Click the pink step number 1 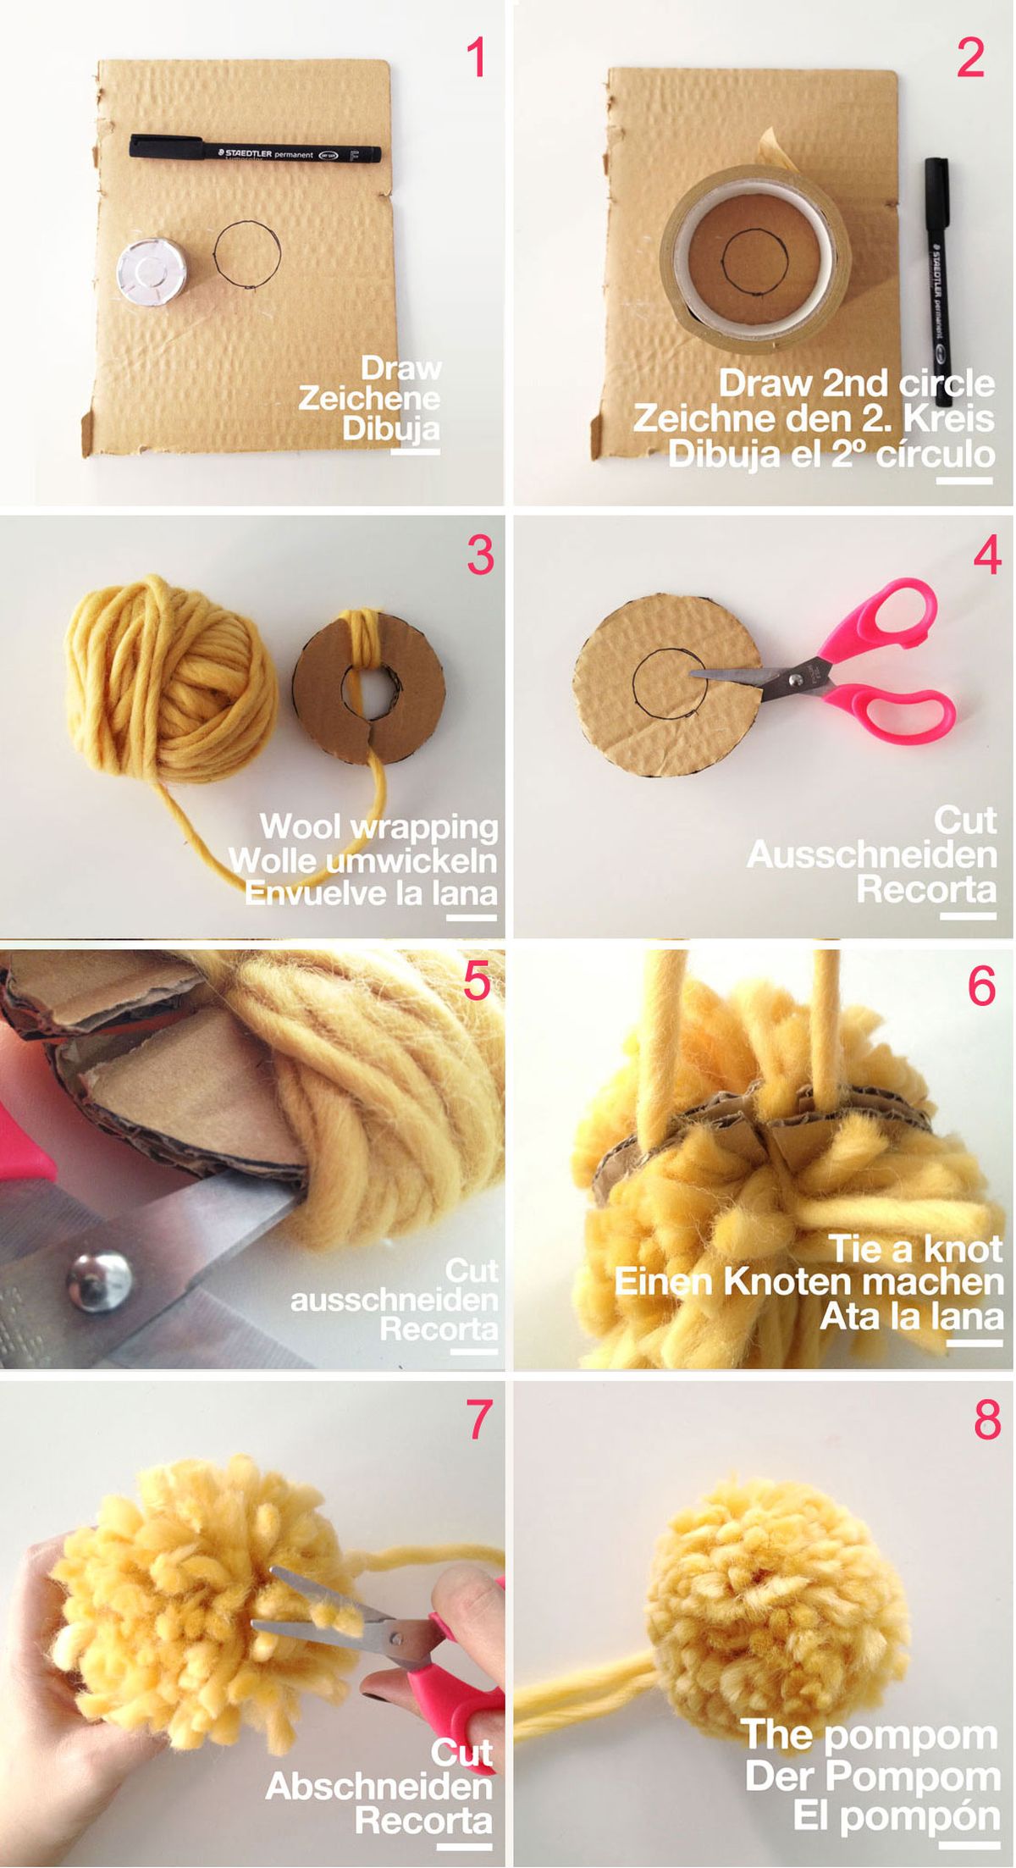pyautogui.click(x=477, y=58)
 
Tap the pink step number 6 pyautogui.click(x=981, y=986)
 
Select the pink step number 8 pyautogui.click(x=987, y=1420)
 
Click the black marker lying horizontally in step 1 pyautogui.click(x=255, y=151)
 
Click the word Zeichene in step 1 pyautogui.click(x=369, y=398)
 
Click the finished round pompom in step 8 pyautogui.click(x=766, y=1592)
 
